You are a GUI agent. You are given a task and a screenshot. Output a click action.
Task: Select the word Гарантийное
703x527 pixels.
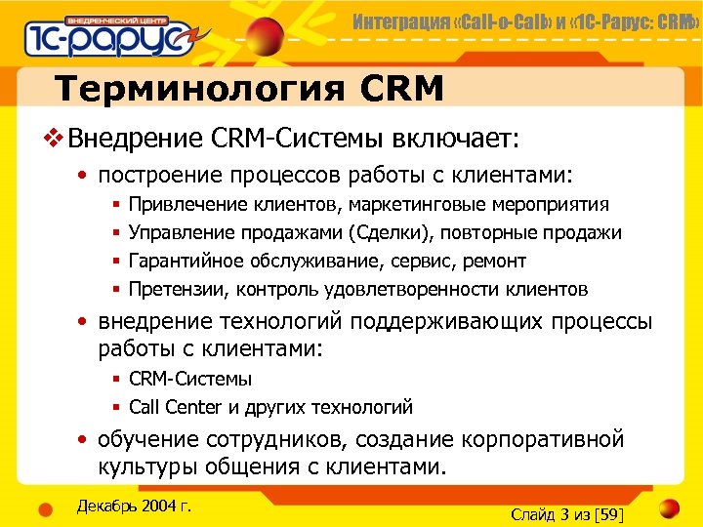186,262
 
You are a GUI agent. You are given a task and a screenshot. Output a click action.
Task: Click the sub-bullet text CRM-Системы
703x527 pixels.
190,379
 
